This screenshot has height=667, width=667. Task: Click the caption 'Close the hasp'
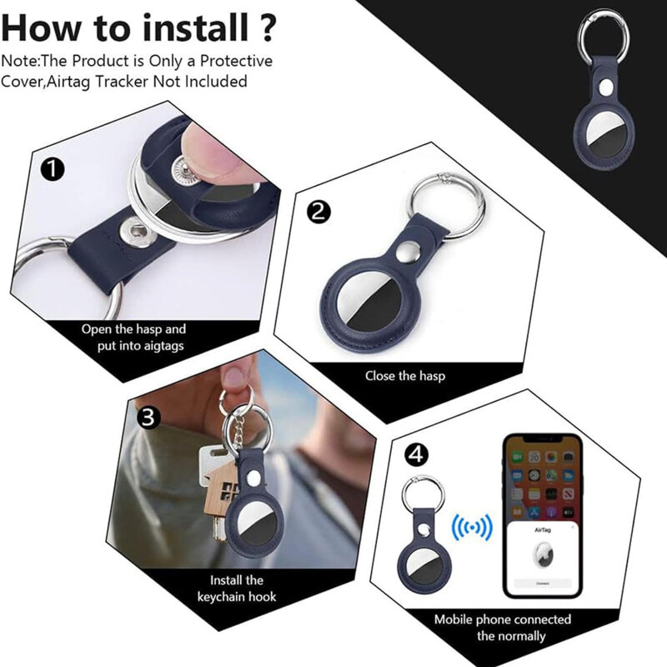click(405, 376)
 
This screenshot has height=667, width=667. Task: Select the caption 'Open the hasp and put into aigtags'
click(133, 337)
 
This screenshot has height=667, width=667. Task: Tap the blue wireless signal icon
click(472, 527)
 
